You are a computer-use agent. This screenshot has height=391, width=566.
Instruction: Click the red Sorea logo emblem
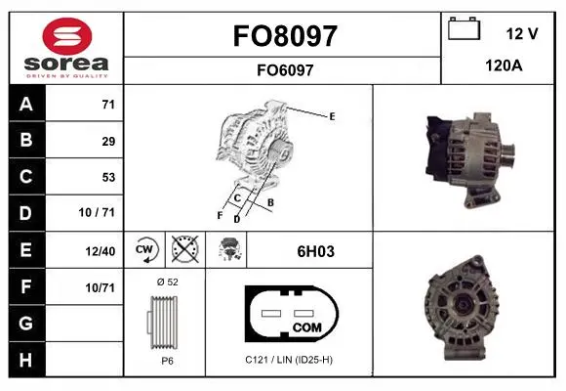pyautogui.click(x=67, y=36)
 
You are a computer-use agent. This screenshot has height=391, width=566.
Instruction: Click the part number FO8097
pyautogui.click(x=285, y=36)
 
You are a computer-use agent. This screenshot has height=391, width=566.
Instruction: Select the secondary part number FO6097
pyautogui.click(x=285, y=70)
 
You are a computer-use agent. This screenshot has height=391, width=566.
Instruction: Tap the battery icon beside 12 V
pyautogui.click(x=464, y=28)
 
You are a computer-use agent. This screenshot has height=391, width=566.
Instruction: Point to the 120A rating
pyautogui.click(x=504, y=65)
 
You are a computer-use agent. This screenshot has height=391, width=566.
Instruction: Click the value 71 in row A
pyautogui.click(x=108, y=105)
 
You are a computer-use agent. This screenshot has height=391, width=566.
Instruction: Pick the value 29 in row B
pyautogui.click(x=108, y=141)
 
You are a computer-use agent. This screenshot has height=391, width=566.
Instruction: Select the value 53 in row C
pyautogui.click(x=108, y=177)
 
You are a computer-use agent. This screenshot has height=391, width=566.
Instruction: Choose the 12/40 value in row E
pyautogui.click(x=100, y=251)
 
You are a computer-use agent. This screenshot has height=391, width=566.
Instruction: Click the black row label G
pyautogui.click(x=26, y=323)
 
